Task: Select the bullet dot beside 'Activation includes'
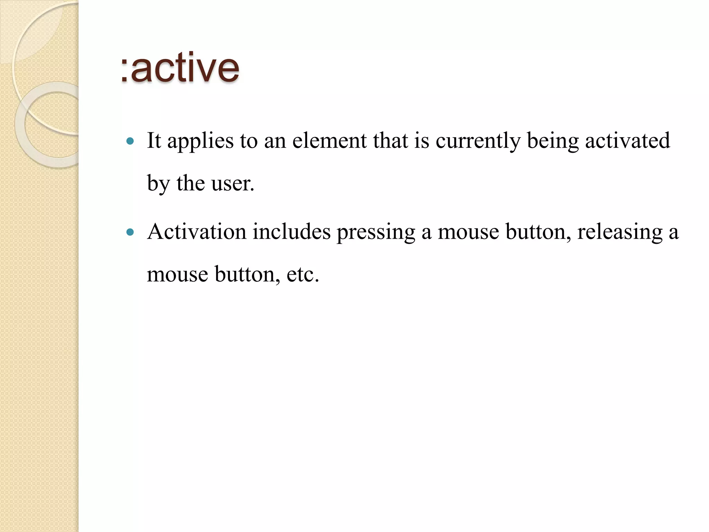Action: click(130, 232)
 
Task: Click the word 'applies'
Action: click(200, 141)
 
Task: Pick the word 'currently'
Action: click(478, 141)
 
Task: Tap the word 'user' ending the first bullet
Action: click(231, 184)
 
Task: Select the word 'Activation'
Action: click(197, 231)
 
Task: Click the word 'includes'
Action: click(291, 231)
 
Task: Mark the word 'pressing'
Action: click(376, 232)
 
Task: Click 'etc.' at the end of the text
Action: click(303, 274)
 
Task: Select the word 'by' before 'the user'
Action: click(158, 184)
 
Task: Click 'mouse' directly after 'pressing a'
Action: click(468, 232)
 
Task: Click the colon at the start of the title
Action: click(124, 71)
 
